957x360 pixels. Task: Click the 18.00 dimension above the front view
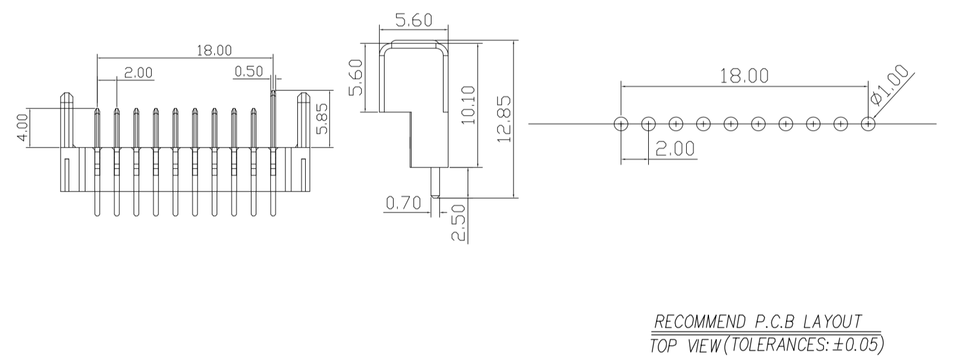(x=214, y=50)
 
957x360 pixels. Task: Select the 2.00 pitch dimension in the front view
(x=138, y=72)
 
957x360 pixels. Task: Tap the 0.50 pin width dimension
(x=249, y=71)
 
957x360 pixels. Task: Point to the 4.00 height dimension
(x=21, y=127)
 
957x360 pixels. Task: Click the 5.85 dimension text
(x=323, y=120)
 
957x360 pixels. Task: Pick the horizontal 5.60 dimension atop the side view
(x=413, y=20)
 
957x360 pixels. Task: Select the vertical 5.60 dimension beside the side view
(x=356, y=77)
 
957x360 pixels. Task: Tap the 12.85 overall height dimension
(x=504, y=119)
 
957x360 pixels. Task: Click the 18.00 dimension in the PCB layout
(x=745, y=76)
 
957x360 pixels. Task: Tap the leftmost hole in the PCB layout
(x=621, y=124)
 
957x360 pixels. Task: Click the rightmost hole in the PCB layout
(x=868, y=124)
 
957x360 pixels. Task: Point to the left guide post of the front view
(x=66, y=120)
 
